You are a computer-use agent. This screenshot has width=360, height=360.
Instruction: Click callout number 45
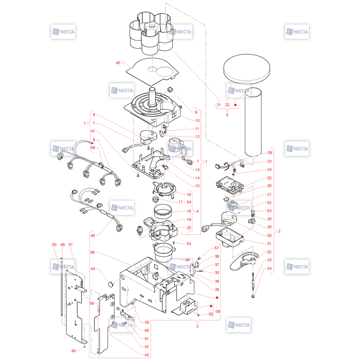[118, 63]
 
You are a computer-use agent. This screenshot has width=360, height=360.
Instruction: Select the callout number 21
[219, 105]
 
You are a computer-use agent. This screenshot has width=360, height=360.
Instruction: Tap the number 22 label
[227, 105]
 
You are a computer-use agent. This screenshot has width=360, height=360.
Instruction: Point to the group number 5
[227, 115]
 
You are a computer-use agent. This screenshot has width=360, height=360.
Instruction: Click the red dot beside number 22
[235, 105]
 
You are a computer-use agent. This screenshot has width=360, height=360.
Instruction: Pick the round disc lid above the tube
[247, 69]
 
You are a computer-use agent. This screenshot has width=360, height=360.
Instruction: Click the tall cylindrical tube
[253, 122]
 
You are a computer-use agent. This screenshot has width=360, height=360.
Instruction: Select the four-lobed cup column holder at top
[152, 33]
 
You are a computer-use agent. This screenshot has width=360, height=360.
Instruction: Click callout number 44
[93, 269]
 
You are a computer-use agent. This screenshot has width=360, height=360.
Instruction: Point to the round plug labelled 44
[111, 284]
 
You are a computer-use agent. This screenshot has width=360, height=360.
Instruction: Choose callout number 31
[269, 243]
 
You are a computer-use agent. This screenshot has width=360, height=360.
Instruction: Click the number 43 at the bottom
[147, 355]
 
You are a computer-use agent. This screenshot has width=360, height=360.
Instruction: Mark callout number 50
[54, 244]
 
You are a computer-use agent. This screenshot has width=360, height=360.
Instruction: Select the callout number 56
[92, 252]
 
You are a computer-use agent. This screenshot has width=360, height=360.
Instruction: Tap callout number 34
[269, 268]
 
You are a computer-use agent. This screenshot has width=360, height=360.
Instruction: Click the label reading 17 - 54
[184, 202]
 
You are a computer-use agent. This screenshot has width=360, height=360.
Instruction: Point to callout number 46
[93, 235]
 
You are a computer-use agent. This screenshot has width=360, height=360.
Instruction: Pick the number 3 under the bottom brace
[197, 326]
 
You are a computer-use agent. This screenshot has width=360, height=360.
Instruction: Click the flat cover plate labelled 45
[153, 72]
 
